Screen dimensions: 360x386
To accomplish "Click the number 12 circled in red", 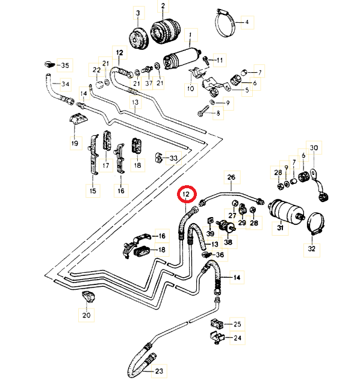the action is tap(186, 194).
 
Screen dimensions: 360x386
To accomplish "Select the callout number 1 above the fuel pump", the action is tap(190, 35).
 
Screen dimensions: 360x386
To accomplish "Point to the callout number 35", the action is tap(65, 66).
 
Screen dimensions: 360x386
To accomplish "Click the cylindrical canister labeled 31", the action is tap(286, 211).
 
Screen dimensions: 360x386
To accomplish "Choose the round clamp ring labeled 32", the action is tap(316, 223).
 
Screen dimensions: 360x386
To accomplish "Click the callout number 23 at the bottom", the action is tap(159, 371).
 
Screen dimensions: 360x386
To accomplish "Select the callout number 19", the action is tap(75, 143).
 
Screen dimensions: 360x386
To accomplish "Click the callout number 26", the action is tap(231, 177).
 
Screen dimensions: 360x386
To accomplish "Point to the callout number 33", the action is tap(174, 158).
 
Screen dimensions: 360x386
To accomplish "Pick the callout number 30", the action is tap(314, 148).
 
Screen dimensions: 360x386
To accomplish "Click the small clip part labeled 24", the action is tap(217, 338).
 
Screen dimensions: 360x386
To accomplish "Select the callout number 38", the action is tap(228, 242).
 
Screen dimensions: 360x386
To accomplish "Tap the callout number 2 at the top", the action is tap(163, 5).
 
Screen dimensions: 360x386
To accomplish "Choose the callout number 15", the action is tap(93, 191).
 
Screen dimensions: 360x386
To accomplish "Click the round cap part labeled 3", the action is tap(138, 39).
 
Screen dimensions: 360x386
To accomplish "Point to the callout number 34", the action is tap(65, 84).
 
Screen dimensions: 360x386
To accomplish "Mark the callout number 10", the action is tap(191, 88).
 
